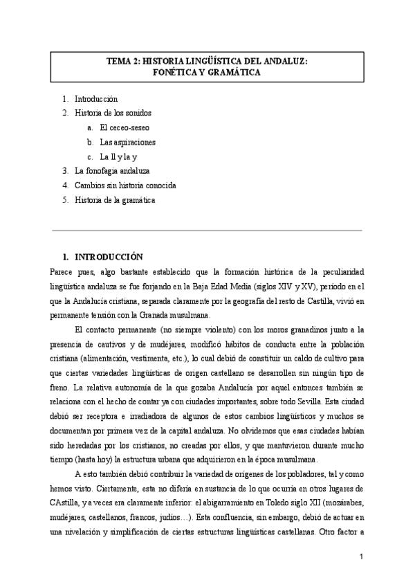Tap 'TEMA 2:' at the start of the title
[120, 61]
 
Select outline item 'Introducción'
[96, 99]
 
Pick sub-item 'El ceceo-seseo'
[124, 127]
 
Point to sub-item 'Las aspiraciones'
[127, 142]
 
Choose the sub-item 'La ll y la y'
[120, 156]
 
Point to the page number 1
[361, 556]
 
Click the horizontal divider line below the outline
[207, 230]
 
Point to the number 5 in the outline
[64, 200]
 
